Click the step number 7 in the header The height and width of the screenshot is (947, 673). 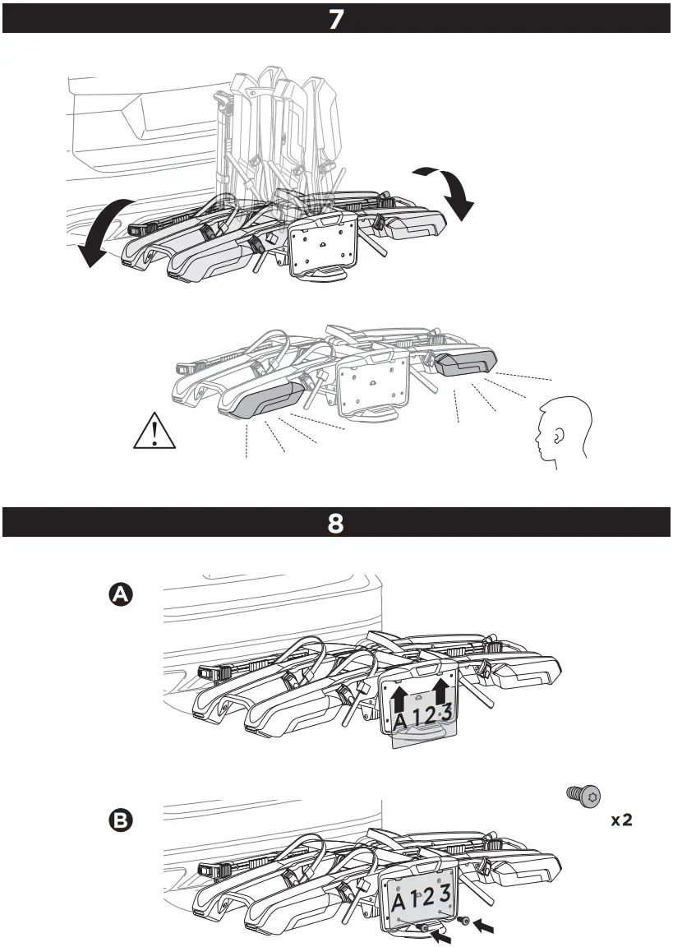click(336, 19)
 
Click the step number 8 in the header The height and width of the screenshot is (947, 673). click(336, 524)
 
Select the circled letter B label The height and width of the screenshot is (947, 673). click(122, 820)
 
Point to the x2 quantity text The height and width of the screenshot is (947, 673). click(620, 820)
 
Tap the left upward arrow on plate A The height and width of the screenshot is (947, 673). click(399, 700)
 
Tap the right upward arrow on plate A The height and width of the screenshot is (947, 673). click(441, 690)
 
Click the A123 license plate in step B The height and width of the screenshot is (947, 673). click(421, 898)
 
